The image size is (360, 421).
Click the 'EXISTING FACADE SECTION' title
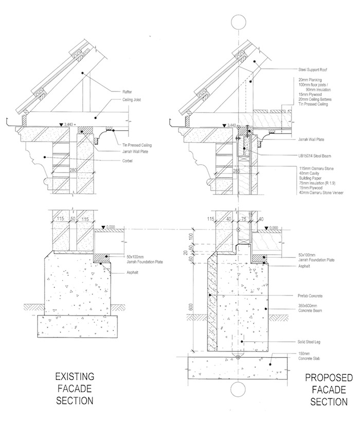pyautogui.click(x=75, y=387)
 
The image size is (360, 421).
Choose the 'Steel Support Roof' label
pyautogui.click(x=313, y=69)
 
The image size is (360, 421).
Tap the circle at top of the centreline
pyautogui.click(x=239, y=22)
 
